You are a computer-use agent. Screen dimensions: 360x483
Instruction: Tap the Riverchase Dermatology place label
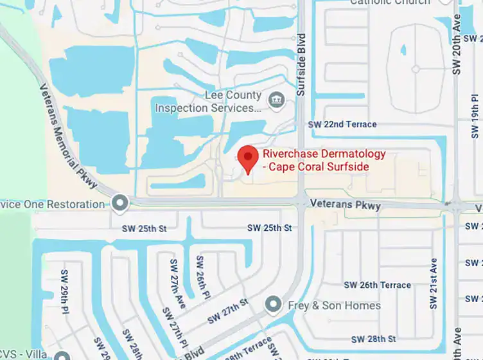324,161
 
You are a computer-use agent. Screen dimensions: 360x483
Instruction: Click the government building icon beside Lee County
277,100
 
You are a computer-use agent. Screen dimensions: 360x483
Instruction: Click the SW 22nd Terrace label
342,124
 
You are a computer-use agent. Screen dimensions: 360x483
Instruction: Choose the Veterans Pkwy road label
345,205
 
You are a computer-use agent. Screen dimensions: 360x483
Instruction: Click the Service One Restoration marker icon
119,204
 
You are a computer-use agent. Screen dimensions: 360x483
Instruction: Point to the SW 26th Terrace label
377,285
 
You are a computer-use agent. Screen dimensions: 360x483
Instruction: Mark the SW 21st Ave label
434,283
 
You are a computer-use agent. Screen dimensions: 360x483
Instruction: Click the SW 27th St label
227,311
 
